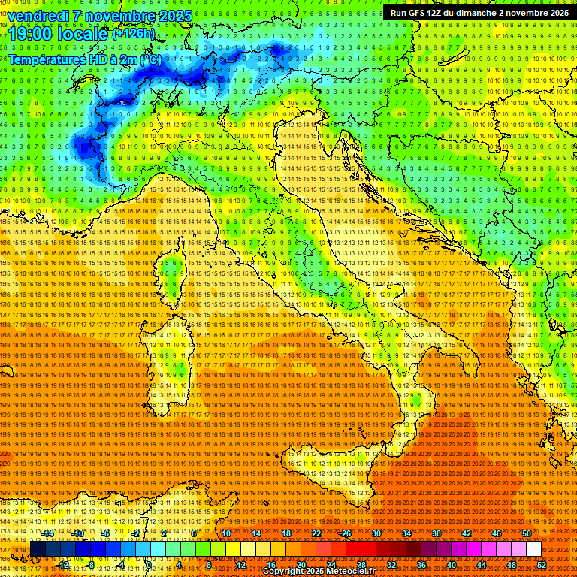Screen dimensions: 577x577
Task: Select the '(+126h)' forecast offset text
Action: [x=134, y=33]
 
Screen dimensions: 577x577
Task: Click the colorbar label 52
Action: [x=541, y=564]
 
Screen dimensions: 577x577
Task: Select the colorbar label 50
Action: [x=527, y=533]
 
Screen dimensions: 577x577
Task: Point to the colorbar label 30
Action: [x=376, y=533]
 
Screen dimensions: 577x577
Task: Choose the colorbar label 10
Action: [x=226, y=533]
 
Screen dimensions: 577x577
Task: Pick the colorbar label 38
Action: [x=437, y=533]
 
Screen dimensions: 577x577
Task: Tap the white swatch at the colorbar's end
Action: [x=533, y=549]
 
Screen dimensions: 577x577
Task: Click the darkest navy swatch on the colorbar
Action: [x=38, y=549]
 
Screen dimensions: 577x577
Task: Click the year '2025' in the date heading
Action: [x=174, y=16]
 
